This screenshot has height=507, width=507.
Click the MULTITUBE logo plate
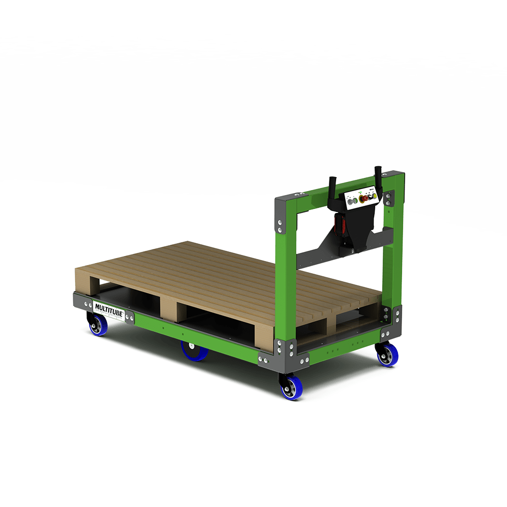pyautogui.click(x=108, y=307)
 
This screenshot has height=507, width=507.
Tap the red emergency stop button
pyautogui.click(x=364, y=199)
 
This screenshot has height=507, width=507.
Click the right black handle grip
pyautogui.click(x=378, y=174)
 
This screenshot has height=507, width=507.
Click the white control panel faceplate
pyautogui.click(x=362, y=199)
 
